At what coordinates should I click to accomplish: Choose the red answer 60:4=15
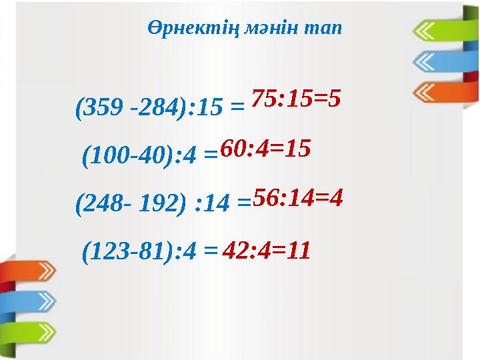pyautogui.click(x=265, y=149)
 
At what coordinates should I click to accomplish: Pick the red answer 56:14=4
pyautogui.click(x=297, y=197)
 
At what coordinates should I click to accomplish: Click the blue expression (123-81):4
pyautogui.click(x=141, y=251)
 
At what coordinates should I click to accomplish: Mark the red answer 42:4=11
pyautogui.click(x=267, y=251)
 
